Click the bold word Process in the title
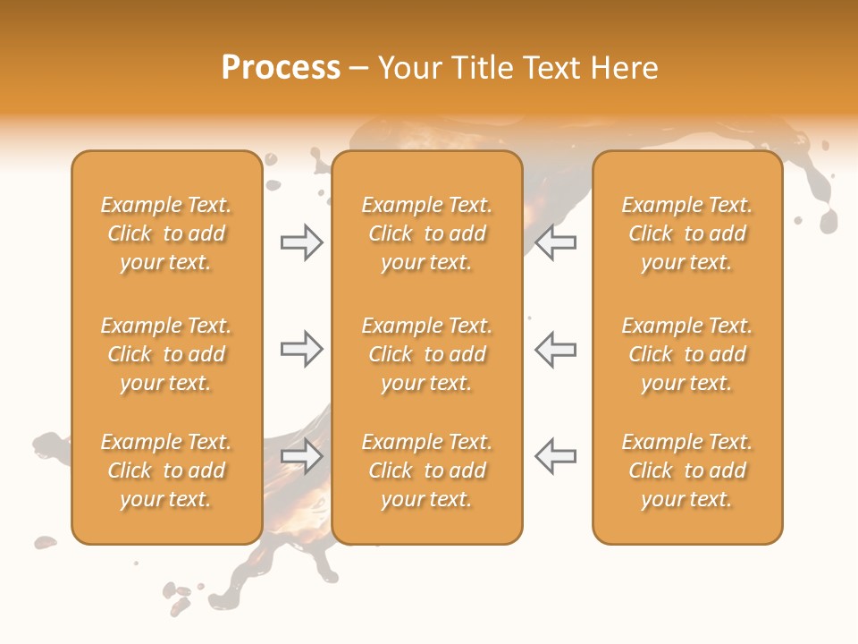coord(281,68)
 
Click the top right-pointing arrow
coord(302,242)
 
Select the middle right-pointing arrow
coord(302,349)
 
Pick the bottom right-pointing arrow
coord(302,456)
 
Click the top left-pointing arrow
coord(555,242)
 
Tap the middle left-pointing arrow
coord(555,349)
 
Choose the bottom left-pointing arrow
coord(555,456)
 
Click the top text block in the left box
coord(166,233)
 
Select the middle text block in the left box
coord(166,354)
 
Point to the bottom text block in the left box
coord(166,470)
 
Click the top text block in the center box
coord(426,233)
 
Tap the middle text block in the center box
coord(426,354)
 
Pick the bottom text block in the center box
coord(426,470)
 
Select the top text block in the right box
coord(687,233)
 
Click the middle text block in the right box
coord(687,354)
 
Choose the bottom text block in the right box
coord(687,470)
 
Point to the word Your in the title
coord(408,68)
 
